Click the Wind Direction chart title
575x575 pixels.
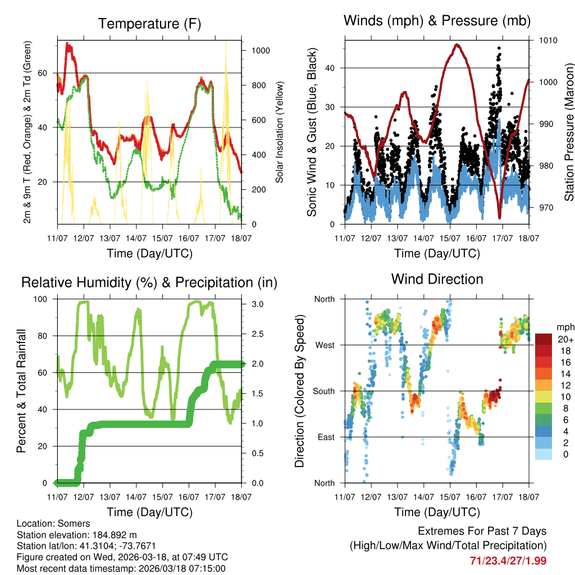pyautogui.click(x=437, y=279)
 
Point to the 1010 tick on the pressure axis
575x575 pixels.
pyautogui.click(x=549, y=40)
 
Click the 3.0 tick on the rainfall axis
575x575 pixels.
pyautogui.click(x=254, y=304)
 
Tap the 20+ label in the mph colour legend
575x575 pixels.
pyautogui.click(x=564, y=340)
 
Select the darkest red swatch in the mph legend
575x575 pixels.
pyautogui.click(x=543, y=339)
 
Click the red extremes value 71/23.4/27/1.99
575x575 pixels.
pyautogui.click(x=508, y=560)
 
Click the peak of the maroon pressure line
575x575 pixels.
pyautogui.click(x=457, y=44)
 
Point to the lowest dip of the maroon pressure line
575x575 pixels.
pyautogui.click(x=499, y=218)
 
